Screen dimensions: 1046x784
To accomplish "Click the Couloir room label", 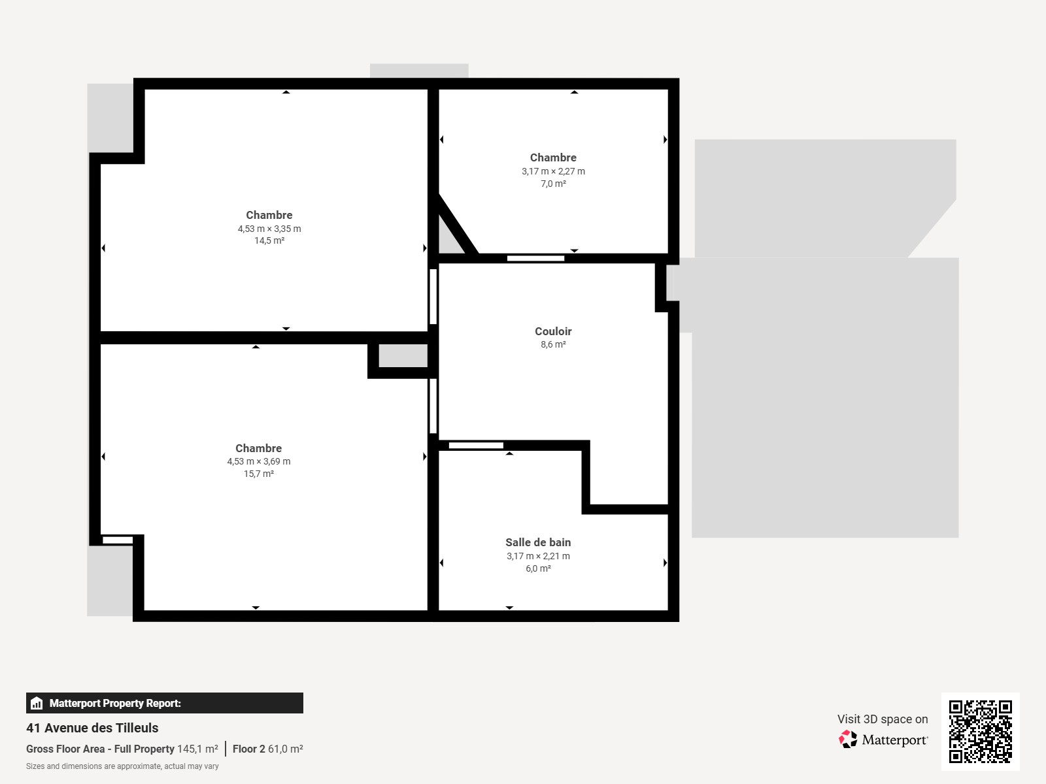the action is tap(553, 331).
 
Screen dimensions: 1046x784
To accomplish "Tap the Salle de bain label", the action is tap(538, 542).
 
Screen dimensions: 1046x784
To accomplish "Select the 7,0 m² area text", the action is tap(553, 184).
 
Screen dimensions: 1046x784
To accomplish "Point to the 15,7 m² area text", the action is tap(259, 474).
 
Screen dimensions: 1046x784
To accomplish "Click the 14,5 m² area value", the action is tap(269, 240).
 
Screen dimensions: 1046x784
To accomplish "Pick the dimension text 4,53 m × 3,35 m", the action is tap(269, 229).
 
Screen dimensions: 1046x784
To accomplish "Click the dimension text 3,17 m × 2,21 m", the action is tap(538, 556).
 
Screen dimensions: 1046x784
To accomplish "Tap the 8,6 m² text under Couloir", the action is tap(553, 344).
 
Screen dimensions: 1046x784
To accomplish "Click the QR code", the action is tap(980, 732).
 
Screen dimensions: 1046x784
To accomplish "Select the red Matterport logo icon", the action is tap(848, 740).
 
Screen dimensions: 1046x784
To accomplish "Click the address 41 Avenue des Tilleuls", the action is tap(92, 728).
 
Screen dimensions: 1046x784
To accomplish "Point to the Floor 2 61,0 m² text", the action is tap(268, 749).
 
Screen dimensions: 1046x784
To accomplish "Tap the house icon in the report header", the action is tap(37, 703).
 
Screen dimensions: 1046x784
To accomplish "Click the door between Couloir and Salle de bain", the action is tap(476, 446).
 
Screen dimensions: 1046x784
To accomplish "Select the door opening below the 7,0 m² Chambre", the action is tap(535, 259).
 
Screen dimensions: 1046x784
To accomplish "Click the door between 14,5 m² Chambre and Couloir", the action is tap(433, 297).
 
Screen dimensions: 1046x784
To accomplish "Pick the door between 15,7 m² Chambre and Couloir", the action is tap(433, 406).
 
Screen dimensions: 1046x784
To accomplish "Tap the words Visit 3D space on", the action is tap(883, 719).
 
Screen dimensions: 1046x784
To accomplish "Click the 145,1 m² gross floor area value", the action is tap(198, 749).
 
